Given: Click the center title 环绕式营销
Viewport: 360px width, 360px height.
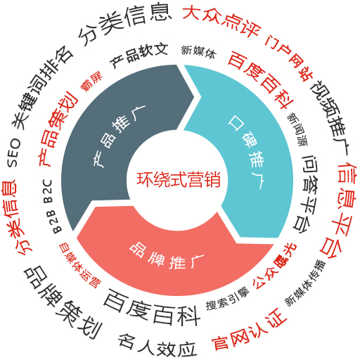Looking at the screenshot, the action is [x=179, y=179].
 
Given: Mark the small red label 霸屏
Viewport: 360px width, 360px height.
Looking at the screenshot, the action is [x=91, y=81].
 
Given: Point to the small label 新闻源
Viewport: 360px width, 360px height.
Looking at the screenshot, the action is [x=297, y=129].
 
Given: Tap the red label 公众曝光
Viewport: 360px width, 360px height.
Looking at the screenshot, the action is [x=275, y=266].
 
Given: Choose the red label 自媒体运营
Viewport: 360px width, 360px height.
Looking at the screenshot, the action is [x=79, y=265].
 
